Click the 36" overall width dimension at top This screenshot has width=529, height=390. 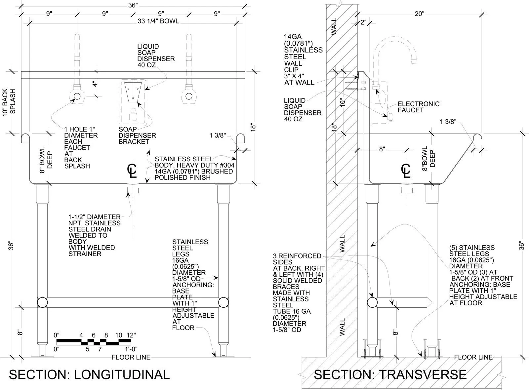[x=133, y=5]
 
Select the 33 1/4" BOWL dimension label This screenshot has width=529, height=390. [x=158, y=21]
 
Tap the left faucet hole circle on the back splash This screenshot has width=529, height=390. [x=77, y=96]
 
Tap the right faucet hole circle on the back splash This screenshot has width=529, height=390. [x=189, y=96]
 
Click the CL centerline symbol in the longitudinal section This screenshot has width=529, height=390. [x=132, y=171]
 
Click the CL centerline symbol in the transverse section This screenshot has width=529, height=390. [x=406, y=171]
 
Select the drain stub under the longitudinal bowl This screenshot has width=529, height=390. [x=133, y=188]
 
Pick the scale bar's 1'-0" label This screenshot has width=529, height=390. [x=131, y=349]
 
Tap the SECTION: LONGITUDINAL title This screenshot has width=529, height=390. [x=89, y=375]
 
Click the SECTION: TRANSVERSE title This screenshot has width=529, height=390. [x=390, y=375]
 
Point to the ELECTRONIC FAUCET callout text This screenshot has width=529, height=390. [x=419, y=107]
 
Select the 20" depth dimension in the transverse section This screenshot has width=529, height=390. [x=420, y=14]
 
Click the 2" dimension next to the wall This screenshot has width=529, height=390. [x=363, y=23]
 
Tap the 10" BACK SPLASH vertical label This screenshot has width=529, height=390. [x=9, y=102]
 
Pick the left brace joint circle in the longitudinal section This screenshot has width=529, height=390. [x=43, y=302]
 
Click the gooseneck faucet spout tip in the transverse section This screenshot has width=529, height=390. [x=414, y=61]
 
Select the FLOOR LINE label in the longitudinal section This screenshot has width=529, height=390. [x=131, y=357]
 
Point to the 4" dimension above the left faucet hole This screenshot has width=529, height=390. [x=95, y=84]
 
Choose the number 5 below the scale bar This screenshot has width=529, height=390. [x=88, y=349]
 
